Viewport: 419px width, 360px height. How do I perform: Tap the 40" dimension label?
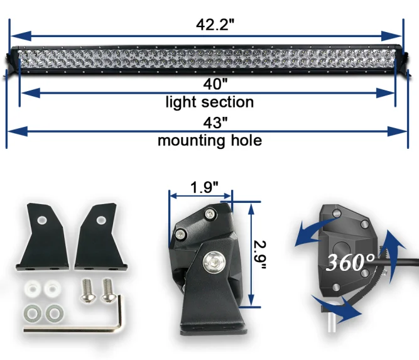pyautogui.click(x=209, y=82)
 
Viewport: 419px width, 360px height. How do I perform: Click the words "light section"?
pyautogui.click(x=209, y=102)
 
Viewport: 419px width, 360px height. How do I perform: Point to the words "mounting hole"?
pyautogui.click(x=209, y=140)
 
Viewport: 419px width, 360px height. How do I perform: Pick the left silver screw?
pyautogui.click(x=87, y=290)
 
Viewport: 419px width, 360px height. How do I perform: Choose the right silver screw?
pyautogui.click(x=108, y=290)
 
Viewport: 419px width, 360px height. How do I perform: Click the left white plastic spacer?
pyautogui.click(x=31, y=290)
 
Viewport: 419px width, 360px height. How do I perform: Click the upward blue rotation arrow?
pyautogui.click(x=391, y=244)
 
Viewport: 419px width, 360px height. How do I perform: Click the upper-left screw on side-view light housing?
pyautogui.click(x=181, y=234)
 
